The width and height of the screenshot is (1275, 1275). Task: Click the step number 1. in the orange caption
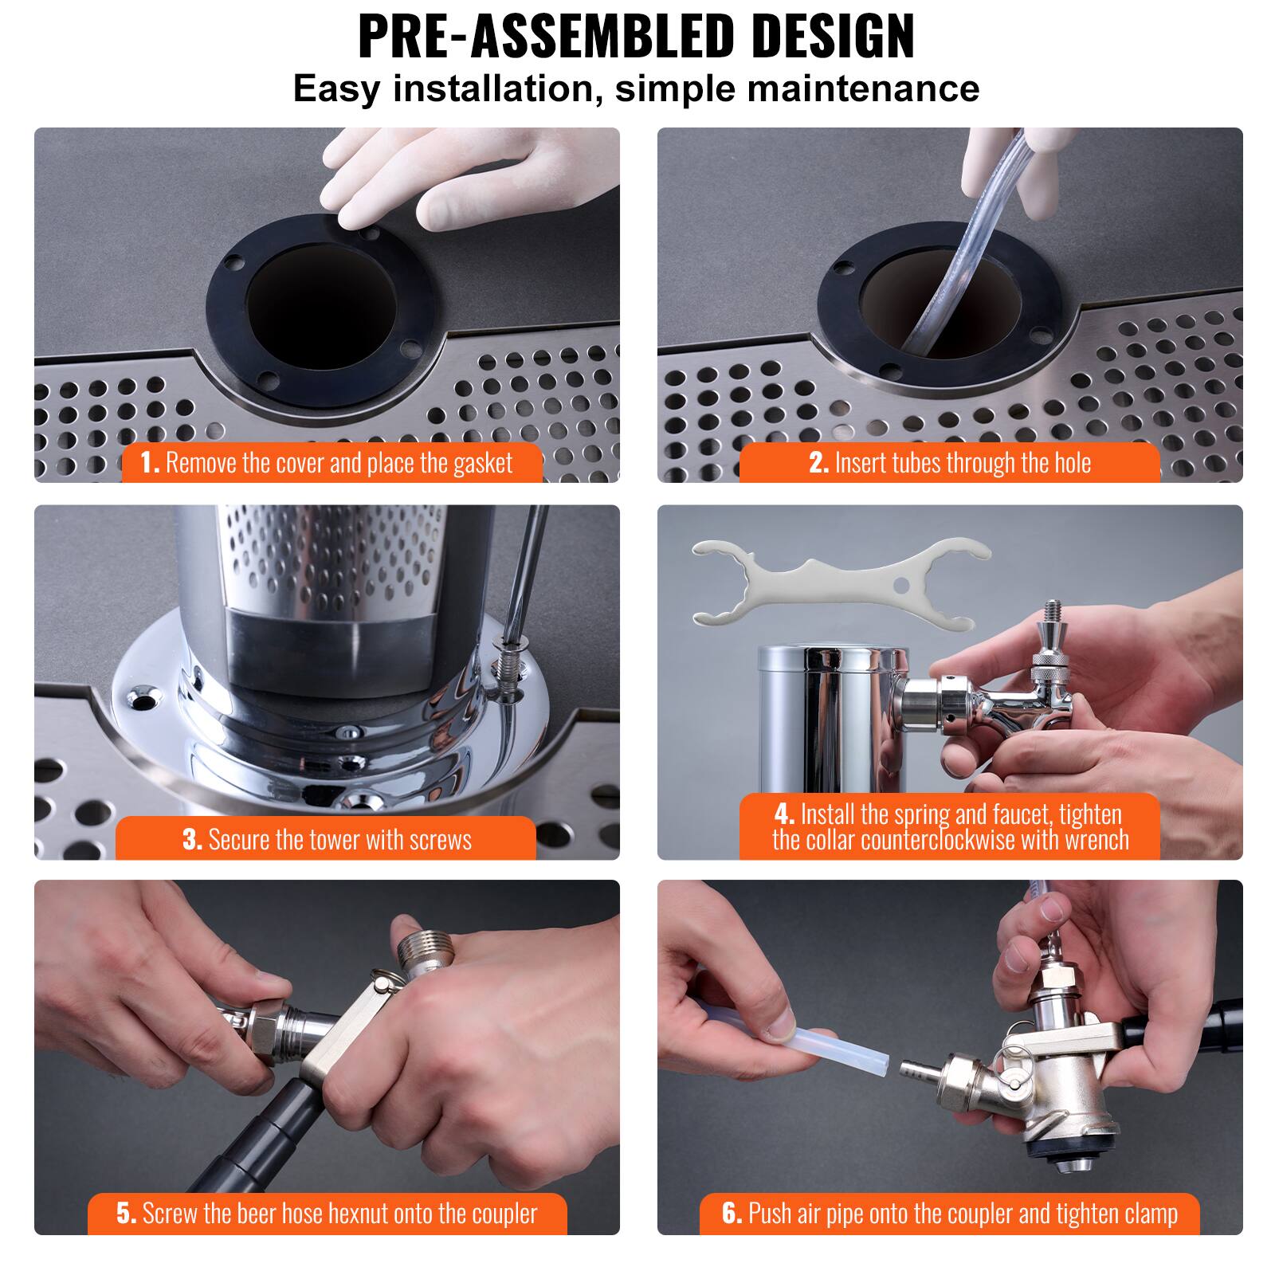pyautogui.click(x=150, y=463)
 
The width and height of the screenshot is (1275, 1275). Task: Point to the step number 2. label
pyautogui.click(x=819, y=463)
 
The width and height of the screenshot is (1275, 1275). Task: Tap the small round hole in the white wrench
pyautogui.click(x=901, y=585)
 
